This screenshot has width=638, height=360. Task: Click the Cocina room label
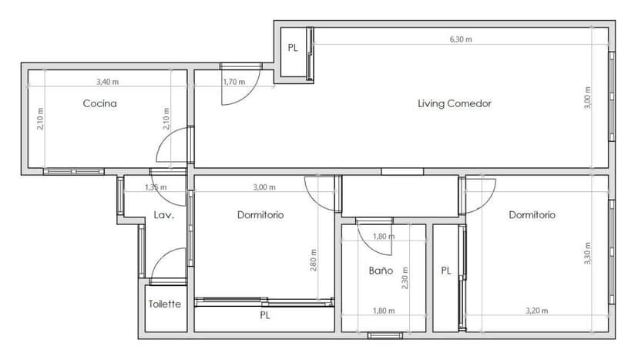tap(100, 103)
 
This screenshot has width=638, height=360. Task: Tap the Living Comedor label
tap(454, 103)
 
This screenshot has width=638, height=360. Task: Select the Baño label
tap(381, 271)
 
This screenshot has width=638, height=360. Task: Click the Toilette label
tap(165, 304)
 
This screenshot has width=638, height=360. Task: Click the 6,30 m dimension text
tap(461, 39)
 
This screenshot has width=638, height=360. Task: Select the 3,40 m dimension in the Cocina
tap(108, 81)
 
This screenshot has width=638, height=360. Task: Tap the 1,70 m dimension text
tap(233, 81)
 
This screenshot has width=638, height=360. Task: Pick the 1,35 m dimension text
tap(156, 187)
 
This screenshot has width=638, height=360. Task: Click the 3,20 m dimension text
tap(536, 311)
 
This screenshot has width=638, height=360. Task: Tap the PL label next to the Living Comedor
tap(293, 48)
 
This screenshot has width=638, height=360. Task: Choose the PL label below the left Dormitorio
tap(264, 315)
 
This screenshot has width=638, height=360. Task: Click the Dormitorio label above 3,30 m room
tap(532, 215)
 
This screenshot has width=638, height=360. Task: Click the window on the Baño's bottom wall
tap(384, 335)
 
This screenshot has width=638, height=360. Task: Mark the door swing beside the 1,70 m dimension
tap(235, 91)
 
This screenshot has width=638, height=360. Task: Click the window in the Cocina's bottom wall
tap(73, 171)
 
